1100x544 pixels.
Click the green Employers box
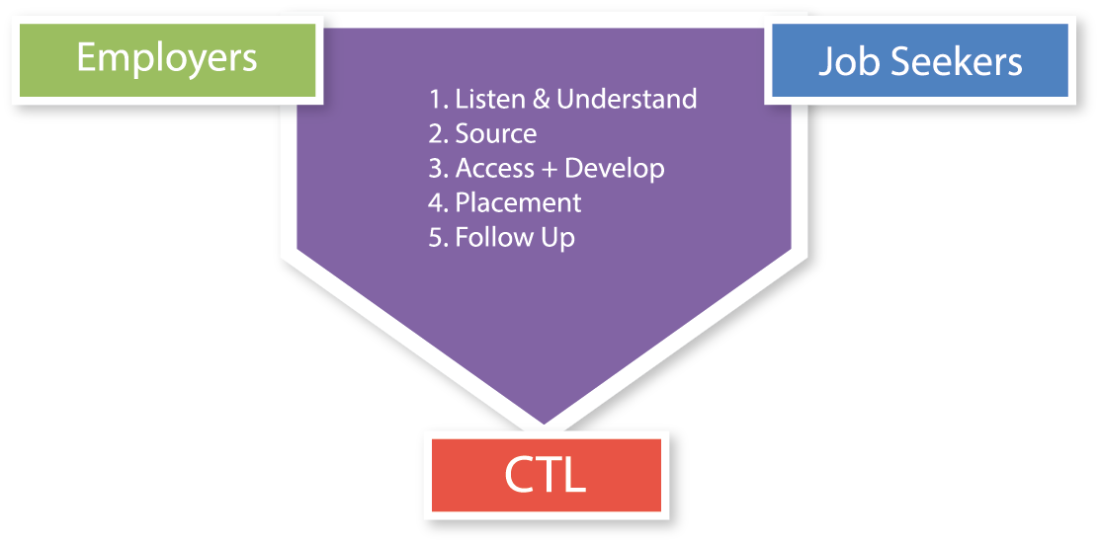pos(168,60)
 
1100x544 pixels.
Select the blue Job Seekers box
pos(920,60)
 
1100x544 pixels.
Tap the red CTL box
pos(546,475)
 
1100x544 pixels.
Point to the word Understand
pos(627,99)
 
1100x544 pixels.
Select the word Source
pos(496,133)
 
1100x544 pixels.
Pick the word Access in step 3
pos(494,168)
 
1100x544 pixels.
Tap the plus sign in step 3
pos(550,169)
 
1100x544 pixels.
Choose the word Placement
pos(519,202)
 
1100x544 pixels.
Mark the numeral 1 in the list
pos(435,100)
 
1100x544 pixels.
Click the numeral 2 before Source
pos(436,134)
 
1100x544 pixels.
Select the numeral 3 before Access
pos(436,169)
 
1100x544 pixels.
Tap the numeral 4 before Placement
pos(436,203)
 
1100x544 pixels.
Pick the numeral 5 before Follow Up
pos(436,238)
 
